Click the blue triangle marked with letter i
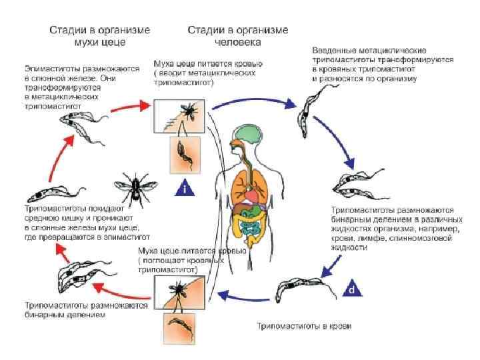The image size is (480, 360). pyautogui.click(x=185, y=189)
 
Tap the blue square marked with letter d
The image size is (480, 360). pyautogui.click(x=353, y=289)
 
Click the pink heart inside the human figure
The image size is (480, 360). pyautogui.click(x=251, y=197)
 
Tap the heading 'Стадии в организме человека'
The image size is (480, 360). pyautogui.click(x=238, y=36)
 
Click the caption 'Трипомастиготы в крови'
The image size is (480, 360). pyautogui.click(x=305, y=327)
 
